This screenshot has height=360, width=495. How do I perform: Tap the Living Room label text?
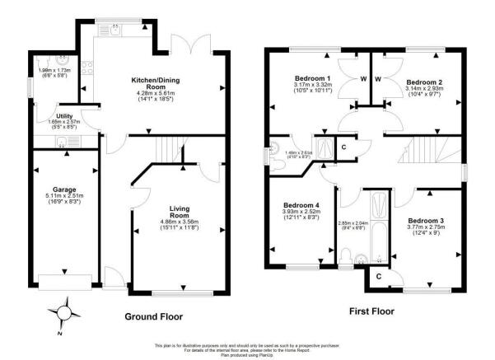pos(180,212)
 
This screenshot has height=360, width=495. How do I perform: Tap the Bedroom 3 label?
pos(426,222)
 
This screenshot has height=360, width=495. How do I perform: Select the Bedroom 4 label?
pos(301,205)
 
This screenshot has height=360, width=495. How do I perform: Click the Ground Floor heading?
pos(153,316)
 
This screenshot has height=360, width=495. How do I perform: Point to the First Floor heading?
pos(367,311)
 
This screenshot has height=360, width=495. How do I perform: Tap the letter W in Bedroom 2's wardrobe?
pos(378,80)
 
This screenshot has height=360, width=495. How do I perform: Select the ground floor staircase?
pos(170,151)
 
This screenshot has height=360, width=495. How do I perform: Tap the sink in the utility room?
pos(64,142)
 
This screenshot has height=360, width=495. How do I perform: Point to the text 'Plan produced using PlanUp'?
pos(247,355)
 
